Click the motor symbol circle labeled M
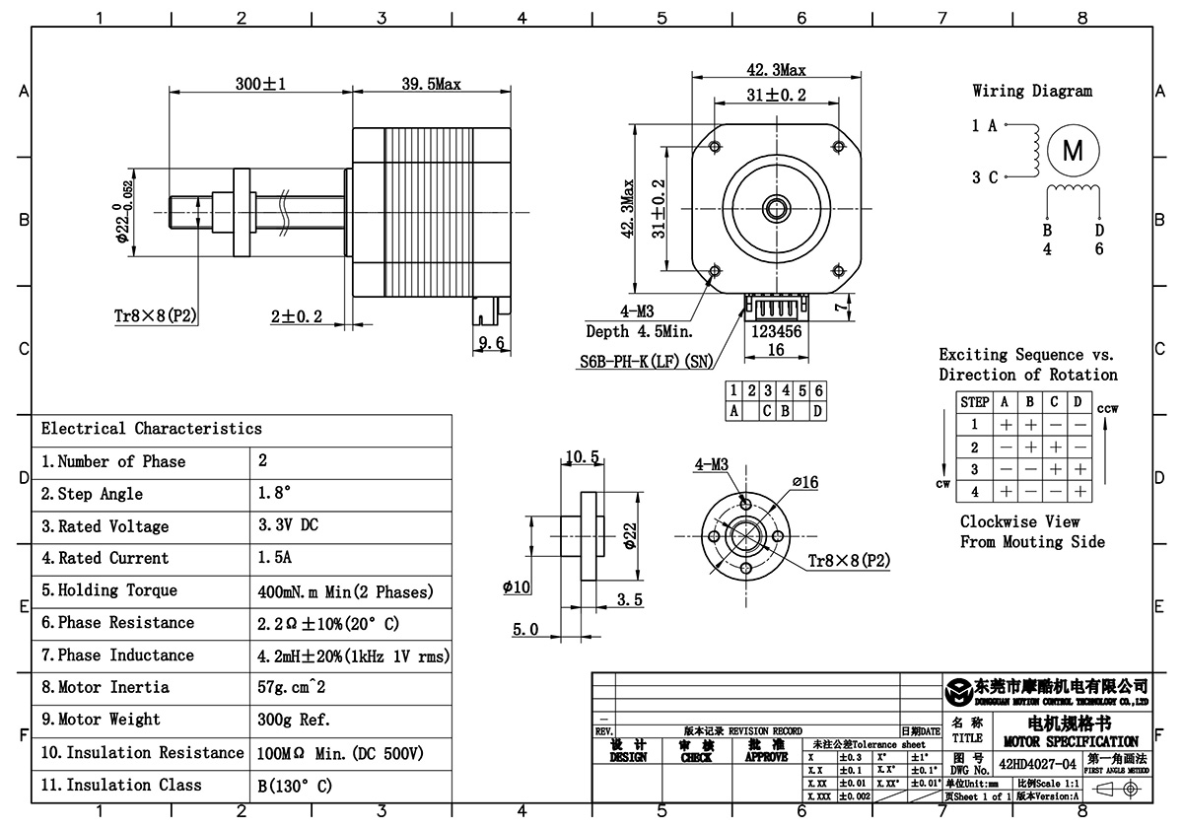pos(1073,151)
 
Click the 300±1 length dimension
pos(260,85)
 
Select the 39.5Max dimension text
pos(432,85)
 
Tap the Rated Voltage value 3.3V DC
pos(288,526)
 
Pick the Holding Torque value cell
pos(345,591)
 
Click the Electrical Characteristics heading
pos(152,429)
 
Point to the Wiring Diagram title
pos(1032,91)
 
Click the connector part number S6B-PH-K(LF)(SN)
pos(646,361)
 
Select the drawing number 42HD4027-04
pos(1038,763)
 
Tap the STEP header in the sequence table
pos(974,402)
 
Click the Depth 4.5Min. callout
pos(639,330)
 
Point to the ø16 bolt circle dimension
pos(805,482)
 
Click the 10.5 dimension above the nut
pos(582,456)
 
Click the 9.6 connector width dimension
pos(491,343)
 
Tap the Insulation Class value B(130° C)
pos(294,786)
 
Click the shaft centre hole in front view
pos(775,207)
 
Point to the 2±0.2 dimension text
pos(297,316)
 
